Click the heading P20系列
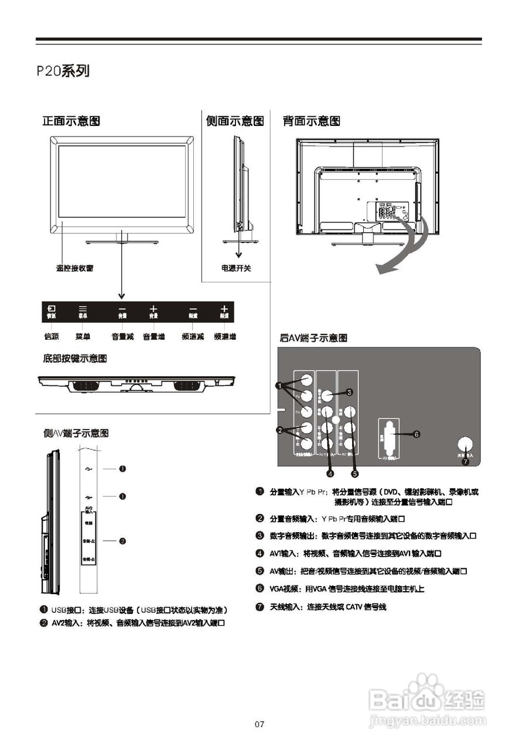click(x=63, y=71)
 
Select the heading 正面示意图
click(x=71, y=121)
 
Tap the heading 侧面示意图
click(x=234, y=121)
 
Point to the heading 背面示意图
click(x=311, y=121)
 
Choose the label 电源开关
click(x=236, y=268)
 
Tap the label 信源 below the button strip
click(x=52, y=337)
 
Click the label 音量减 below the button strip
click(x=122, y=337)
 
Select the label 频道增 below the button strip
click(x=225, y=337)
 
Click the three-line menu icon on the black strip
click(x=83, y=308)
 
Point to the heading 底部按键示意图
click(x=75, y=358)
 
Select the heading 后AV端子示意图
click(x=313, y=338)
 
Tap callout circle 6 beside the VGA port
click(x=416, y=435)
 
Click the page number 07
click(x=259, y=725)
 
